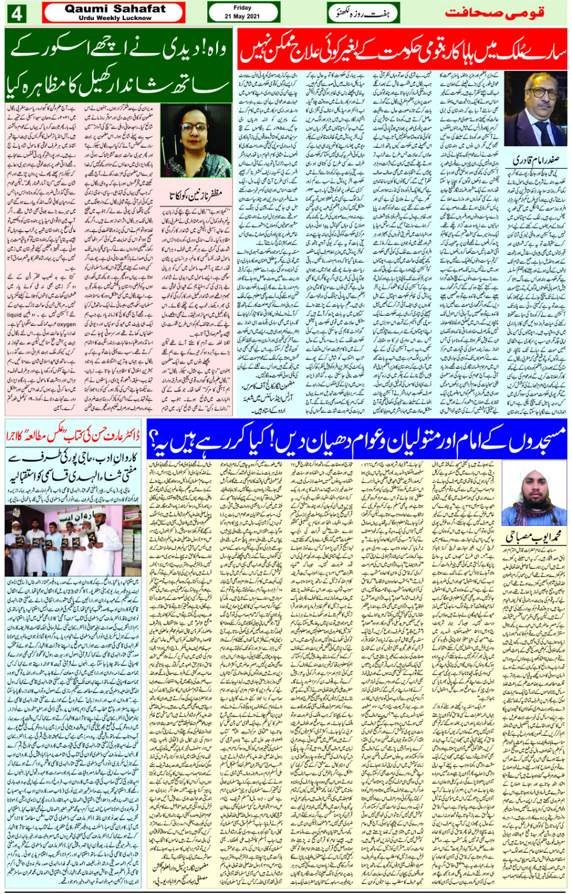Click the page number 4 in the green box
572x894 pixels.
[16, 13]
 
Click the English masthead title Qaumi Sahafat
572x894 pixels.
[114, 9]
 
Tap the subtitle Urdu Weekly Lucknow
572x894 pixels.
[115, 18]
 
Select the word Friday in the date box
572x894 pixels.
[242, 8]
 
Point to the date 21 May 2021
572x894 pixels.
[242, 16]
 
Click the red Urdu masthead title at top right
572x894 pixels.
[495, 13]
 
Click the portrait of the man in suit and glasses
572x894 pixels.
[536, 109]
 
